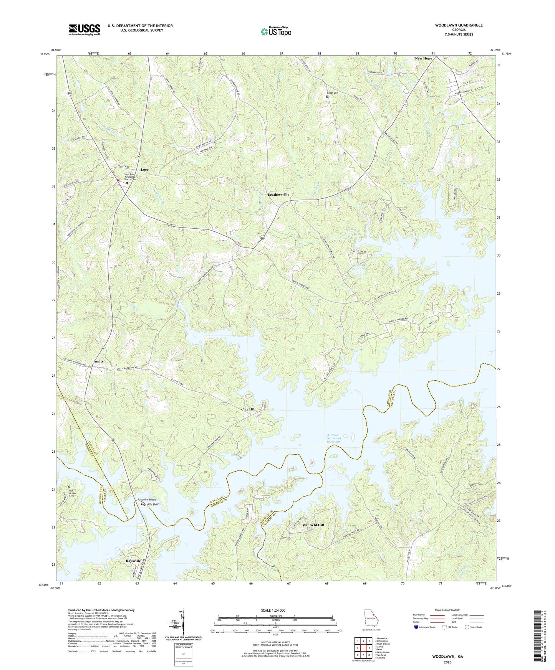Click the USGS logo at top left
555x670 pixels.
pyautogui.click(x=84, y=30)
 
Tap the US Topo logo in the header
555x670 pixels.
pyautogui.click(x=275, y=31)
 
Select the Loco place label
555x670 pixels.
pyautogui.click(x=144, y=170)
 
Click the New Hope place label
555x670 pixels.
pyautogui.click(x=423, y=58)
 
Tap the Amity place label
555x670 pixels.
pyautogui.click(x=99, y=361)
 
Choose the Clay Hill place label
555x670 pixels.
pyautogui.click(x=248, y=409)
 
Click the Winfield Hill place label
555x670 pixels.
pyautogui.click(x=313, y=525)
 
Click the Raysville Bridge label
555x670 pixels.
pyautogui.click(x=147, y=500)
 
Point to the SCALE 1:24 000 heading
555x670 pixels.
pyautogui.click(x=275, y=610)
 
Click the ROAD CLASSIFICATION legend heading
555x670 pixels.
pyautogui.click(x=447, y=610)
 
